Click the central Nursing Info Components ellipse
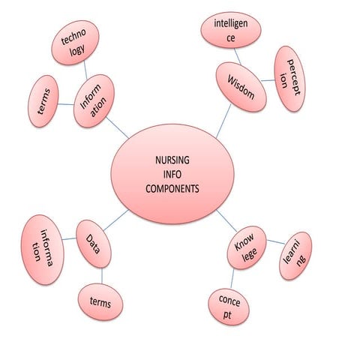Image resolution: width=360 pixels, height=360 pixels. pyautogui.click(x=172, y=174)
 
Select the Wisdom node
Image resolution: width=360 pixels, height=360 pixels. pyautogui.click(x=241, y=87)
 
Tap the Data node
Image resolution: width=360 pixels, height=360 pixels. pyautogui.click(x=94, y=244)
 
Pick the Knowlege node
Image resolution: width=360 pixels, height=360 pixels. pyautogui.click(x=247, y=247)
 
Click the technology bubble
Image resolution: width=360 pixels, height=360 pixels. pyautogui.click(x=75, y=43)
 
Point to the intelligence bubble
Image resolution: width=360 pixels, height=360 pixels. pyautogui.click(x=231, y=30)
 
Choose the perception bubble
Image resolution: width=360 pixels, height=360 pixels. pyautogui.click(x=289, y=79)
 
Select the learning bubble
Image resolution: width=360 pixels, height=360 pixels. pyautogui.click(x=295, y=256)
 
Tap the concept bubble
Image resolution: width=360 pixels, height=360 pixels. pyautogui.click(x=229, y=307)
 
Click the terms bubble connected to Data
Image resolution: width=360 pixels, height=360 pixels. pyautogui.click(x=100, y=301)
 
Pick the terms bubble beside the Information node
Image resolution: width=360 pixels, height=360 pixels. pyautogui.click(x=43, y=101)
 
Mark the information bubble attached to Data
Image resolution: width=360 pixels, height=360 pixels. pyautogui.click(x=43, y=250)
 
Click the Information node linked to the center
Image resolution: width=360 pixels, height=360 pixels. pyautogui.click(x=94, y=101)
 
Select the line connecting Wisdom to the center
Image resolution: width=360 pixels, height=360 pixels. pyautogui.click(x=223, y=121)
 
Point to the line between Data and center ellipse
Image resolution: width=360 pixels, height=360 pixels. pyautogui.click(x=116, y=220)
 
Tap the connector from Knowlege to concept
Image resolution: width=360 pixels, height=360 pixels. pyautogui.click(x=232, y=278)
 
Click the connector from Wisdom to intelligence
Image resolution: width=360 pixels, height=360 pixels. pyautogui.click(x=238, y=56)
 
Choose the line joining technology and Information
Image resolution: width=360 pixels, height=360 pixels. pyautogui.click(x=85, y=70)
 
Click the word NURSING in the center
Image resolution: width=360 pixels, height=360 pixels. pyautogui.click(x=172, y=160)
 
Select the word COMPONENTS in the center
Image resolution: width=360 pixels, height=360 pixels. pyautogui.click(x=172, y=188)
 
